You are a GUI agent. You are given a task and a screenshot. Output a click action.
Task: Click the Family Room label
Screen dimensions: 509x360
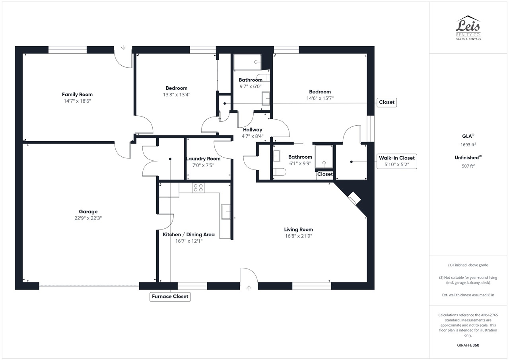click(77, 94)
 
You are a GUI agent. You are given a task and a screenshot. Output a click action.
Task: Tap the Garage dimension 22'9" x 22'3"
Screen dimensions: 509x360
click(88, 218)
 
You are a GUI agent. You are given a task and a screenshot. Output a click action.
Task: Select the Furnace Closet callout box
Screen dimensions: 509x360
click(170, 297)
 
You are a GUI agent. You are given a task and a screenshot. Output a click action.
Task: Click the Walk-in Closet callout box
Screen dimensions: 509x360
click(397, 161)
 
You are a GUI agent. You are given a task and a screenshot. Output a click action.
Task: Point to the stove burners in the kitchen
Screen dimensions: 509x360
click(198, 188)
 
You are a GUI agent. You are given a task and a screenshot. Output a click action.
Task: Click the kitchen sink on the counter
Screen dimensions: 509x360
click(226, 212)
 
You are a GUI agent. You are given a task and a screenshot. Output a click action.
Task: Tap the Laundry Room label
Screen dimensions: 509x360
click(203, 159)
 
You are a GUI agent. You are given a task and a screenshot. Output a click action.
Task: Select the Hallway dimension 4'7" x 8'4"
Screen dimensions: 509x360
click(253, 136)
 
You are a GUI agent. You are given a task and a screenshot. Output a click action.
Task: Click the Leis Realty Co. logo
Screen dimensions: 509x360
click(468, 28)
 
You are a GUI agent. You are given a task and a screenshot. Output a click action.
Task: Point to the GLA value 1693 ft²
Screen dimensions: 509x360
click(468, 144)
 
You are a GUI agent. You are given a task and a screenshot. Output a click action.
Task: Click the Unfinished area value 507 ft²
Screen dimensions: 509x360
click(468, 166)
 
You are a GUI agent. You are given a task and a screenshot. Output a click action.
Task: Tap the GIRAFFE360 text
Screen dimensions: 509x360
click(468, 345)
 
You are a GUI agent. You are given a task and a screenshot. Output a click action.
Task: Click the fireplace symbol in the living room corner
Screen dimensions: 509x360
click(354, 198)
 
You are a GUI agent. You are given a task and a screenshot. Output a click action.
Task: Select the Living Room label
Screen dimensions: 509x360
click(298, 230)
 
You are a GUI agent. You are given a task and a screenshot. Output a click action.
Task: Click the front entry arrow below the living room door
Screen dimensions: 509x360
click(249, 288)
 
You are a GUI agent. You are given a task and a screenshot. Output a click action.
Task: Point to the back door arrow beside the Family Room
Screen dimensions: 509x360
click(123, 47)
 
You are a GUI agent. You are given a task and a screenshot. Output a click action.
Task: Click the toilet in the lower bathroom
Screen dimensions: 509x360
click(279, 172)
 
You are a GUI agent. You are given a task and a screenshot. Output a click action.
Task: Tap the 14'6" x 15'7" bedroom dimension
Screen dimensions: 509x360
click(320, 98)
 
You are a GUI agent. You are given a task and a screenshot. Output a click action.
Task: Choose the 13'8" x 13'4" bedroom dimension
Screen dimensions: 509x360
click(177, 95)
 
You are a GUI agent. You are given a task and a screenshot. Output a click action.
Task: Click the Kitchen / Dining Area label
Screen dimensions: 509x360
click(188, 235)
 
